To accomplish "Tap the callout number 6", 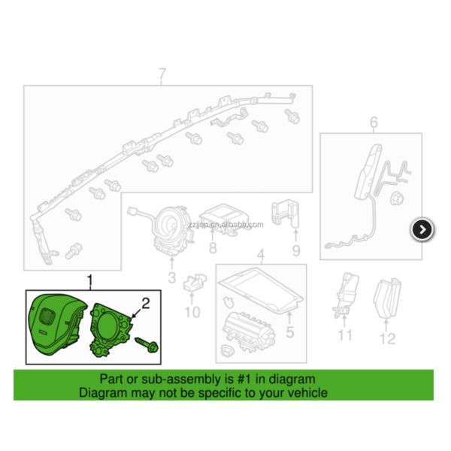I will (374, 123).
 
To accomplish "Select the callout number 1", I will (92, 283).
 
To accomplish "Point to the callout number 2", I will (147, 304).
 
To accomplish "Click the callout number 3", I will (171, 280).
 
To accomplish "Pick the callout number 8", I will (213, 248).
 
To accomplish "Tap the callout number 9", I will (296, 250).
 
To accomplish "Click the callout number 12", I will (386, 339).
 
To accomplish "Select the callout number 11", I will (345, 335).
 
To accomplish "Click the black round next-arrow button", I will (422, 229).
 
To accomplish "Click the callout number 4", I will (260, 256).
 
